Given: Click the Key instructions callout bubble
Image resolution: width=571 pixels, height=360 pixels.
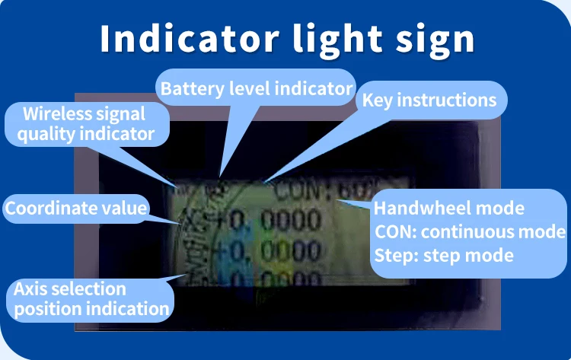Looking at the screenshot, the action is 429,100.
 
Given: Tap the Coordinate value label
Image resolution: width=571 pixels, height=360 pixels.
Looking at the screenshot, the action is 75,207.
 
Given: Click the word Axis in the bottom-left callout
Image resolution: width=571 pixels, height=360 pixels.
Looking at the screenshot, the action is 30,289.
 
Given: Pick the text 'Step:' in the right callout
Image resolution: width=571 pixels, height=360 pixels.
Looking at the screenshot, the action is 394,254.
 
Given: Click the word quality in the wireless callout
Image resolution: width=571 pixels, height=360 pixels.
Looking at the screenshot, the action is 45,135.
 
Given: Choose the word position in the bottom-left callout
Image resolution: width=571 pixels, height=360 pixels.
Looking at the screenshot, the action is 45,308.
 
